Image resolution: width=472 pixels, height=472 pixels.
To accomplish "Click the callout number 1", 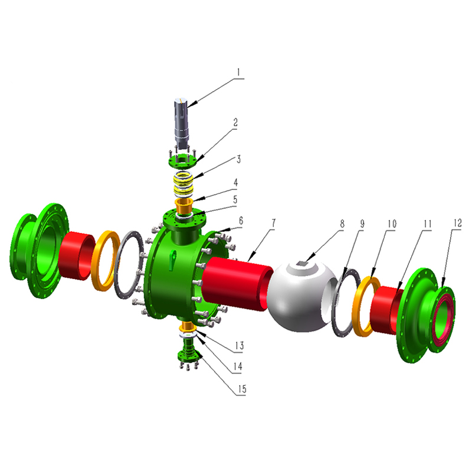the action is (x=239, y=72).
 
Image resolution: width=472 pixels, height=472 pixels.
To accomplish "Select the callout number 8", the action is (x=342, y=224).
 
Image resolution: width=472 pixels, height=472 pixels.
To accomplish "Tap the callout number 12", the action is (x=457, y=223).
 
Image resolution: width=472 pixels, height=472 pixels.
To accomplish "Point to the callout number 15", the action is (x=242, y=389).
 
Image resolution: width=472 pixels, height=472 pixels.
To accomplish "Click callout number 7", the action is (x=273, y=223).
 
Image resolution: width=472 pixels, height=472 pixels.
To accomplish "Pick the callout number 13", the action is (x=240, y=346).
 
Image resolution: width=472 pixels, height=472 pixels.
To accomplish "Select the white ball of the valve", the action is (x=301, y=297).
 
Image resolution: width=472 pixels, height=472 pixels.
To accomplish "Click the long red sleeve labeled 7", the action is (x=237, y=283).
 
